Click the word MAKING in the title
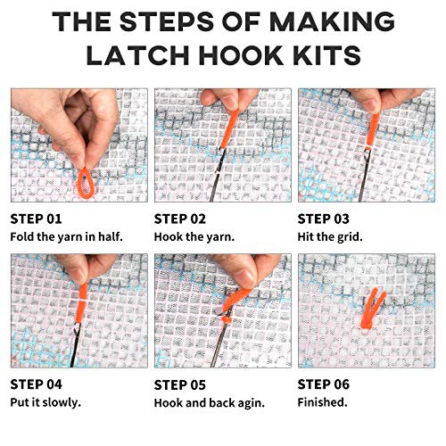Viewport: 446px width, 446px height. (332, 21)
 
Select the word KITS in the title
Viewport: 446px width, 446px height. (326, 55)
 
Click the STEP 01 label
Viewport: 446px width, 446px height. (36, 219)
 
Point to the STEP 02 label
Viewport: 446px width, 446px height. (180, 219)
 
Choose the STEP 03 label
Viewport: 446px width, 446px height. (324, 219)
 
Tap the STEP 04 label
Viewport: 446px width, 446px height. (36, 384)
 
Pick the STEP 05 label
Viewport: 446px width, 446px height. (180, 385)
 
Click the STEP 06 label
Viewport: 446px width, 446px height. (324, 384)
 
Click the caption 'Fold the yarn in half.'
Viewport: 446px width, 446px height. (67, 237)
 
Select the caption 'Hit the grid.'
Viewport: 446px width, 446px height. (330, 237)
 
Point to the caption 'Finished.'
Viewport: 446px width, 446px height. (323, 402)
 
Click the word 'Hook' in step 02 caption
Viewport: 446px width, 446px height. (168, 237)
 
